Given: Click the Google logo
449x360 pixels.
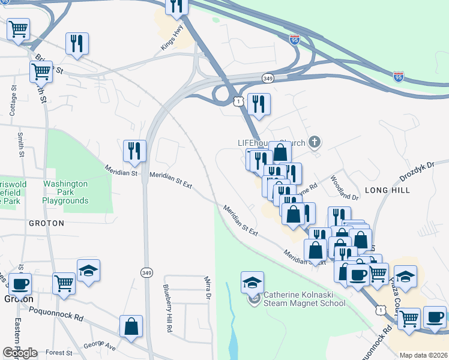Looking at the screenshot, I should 20,353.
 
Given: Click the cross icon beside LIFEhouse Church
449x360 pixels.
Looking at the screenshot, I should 314,142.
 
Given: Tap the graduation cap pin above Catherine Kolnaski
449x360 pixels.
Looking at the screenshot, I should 252,281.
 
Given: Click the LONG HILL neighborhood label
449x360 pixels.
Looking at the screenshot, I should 387,190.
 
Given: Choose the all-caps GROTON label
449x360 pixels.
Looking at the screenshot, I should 46,223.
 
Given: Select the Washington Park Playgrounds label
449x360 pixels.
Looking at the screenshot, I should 65,193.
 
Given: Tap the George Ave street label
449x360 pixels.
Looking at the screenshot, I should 99,347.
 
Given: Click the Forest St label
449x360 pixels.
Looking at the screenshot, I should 58,353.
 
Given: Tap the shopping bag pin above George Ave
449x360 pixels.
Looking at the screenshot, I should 131,326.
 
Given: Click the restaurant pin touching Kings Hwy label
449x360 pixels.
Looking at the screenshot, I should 176,6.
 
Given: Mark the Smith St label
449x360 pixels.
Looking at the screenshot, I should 20,145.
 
